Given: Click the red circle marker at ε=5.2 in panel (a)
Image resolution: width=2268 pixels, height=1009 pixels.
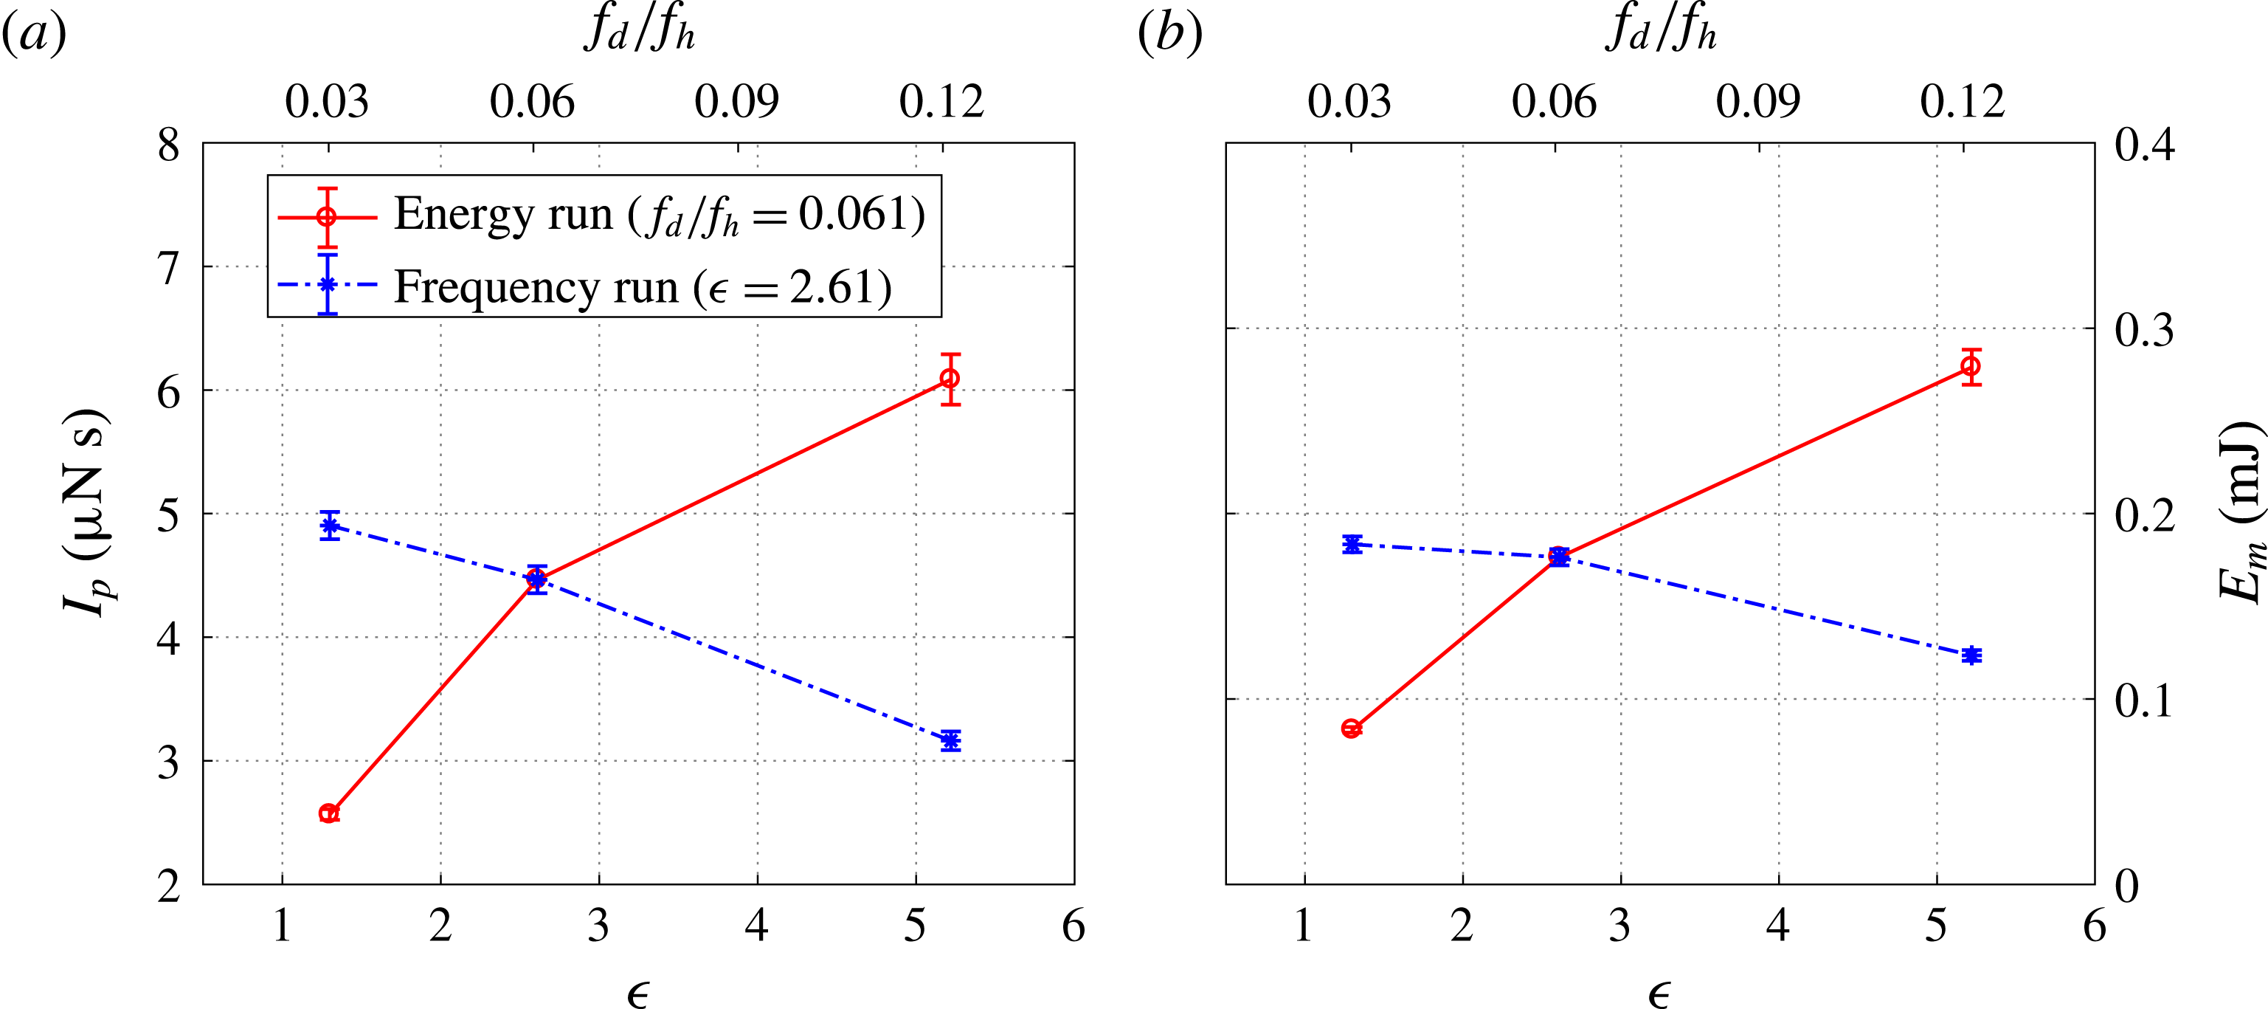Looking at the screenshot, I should tap(949, 379).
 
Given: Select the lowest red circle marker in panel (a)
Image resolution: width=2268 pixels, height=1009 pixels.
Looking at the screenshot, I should tap(328, 813).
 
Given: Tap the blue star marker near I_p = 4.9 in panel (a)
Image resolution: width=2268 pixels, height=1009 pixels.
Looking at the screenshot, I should tap(329, 526).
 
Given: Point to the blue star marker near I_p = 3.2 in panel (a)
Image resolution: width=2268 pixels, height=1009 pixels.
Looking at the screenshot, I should tap(950, 740).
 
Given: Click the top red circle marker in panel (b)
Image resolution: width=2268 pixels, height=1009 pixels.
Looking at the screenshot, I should tap(1971, 366).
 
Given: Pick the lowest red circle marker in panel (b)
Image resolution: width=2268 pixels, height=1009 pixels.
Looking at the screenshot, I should tap(1351, 728).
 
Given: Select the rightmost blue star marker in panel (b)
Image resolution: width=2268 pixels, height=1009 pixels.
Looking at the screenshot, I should tap(1971, 655).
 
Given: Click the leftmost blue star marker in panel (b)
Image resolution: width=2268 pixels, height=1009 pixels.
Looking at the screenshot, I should tap(1352, 544).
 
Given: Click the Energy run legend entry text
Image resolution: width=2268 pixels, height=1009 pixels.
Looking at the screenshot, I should tap(659, 214).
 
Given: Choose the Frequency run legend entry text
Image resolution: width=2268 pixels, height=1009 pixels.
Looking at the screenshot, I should tap(643, 287).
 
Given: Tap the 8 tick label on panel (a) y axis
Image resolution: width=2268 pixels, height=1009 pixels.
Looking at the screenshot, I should tap(168, 145).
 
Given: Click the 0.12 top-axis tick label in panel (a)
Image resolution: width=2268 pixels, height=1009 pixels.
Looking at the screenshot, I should tap(940, 102).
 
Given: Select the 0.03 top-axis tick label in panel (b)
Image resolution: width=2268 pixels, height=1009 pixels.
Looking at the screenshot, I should tap(1349, 102).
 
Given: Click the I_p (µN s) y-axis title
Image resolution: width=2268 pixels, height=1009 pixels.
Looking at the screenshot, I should tap(88, 512).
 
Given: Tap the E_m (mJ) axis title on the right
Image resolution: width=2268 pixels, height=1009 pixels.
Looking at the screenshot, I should tap(2237, 512).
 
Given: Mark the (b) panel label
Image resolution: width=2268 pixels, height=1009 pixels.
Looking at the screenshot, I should tap(1169, 35).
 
